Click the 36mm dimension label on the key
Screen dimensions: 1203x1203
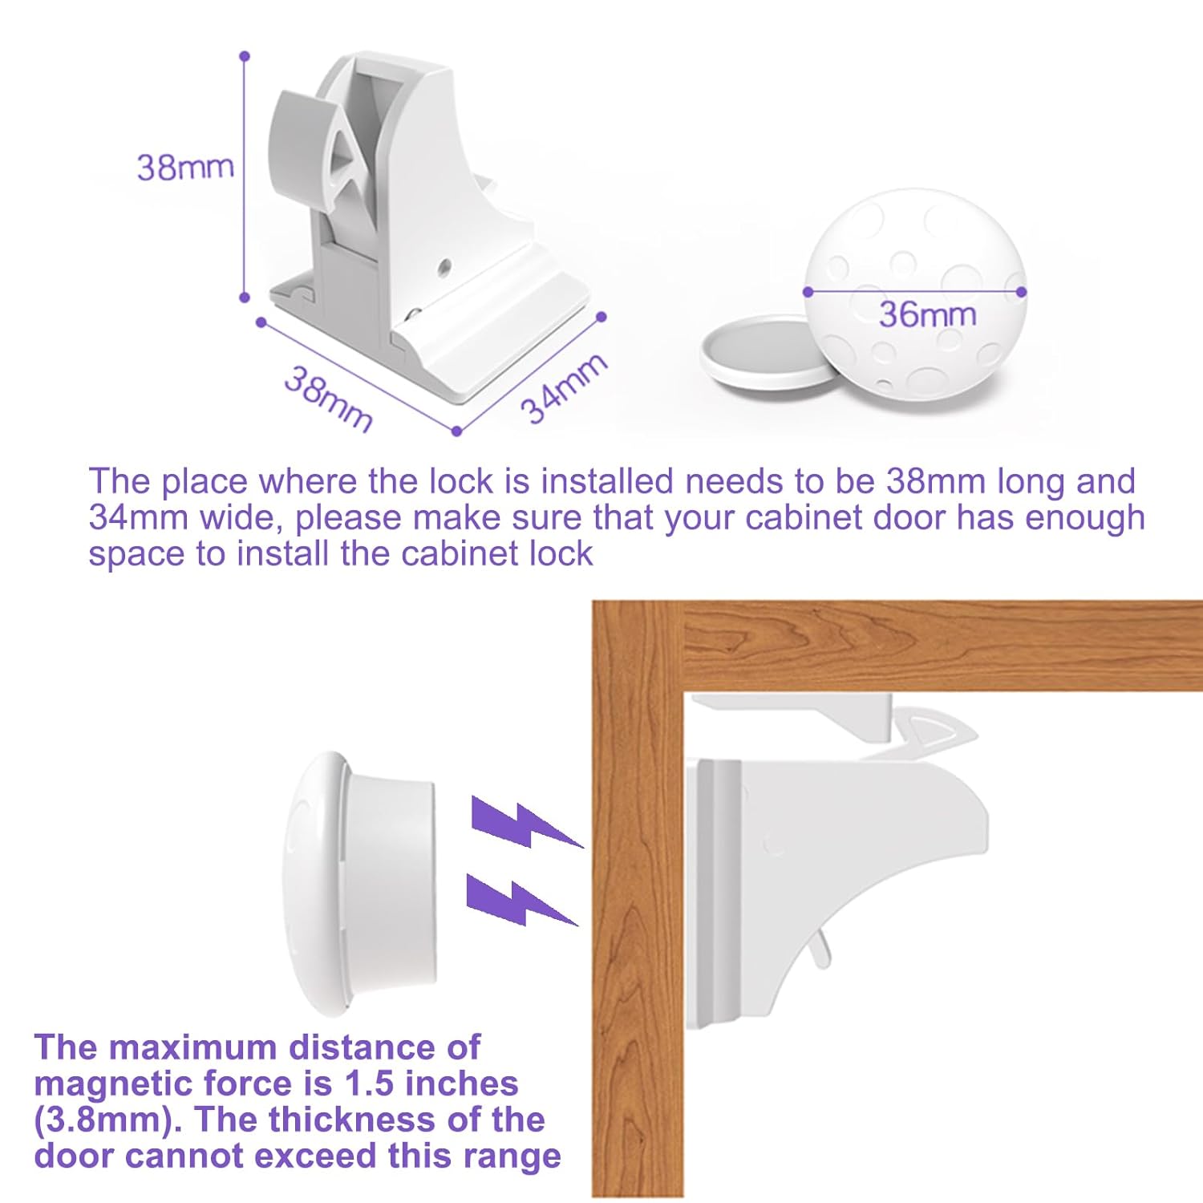[x=928, y=314]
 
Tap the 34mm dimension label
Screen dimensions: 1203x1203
[x=564, y=387]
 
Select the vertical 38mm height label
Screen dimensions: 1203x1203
[x=185, y=167]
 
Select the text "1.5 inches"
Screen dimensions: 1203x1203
[x=431, y=1084]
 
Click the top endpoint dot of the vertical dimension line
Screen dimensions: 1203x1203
[x=245, y=56]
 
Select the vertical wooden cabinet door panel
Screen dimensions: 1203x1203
[x=637, y=922]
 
